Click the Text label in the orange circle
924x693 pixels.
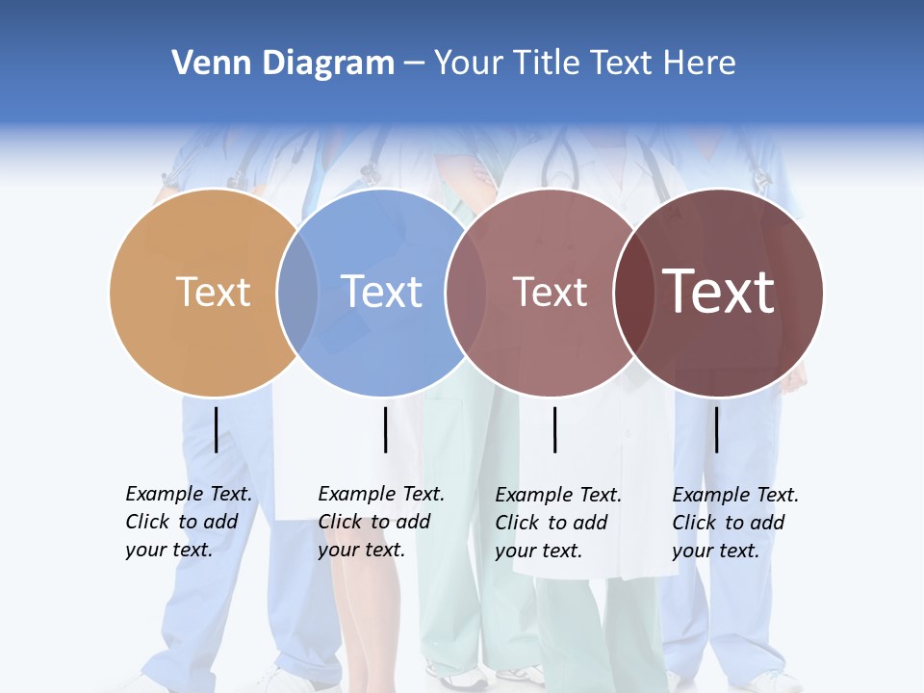(214, 292)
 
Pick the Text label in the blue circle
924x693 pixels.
(382, 292)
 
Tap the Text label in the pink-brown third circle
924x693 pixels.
(550, 292)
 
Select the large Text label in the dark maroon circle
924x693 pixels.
(719, 292)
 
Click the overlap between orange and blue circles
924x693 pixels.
(297, 293)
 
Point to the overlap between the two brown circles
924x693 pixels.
(633, 293)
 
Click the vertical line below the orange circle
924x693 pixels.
(216, 429)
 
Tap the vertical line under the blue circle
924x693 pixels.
(385, 429)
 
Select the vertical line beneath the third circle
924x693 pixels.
(554, 429)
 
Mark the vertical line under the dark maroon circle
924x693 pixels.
(716, 429)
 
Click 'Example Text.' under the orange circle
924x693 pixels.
(189, 494)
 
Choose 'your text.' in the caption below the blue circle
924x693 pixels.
(361, 550)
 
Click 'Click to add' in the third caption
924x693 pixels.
(552, 523)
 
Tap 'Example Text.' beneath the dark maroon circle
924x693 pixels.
(735, 495)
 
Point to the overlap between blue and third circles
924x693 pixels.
(465, 293)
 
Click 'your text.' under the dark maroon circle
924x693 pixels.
(715, 551)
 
